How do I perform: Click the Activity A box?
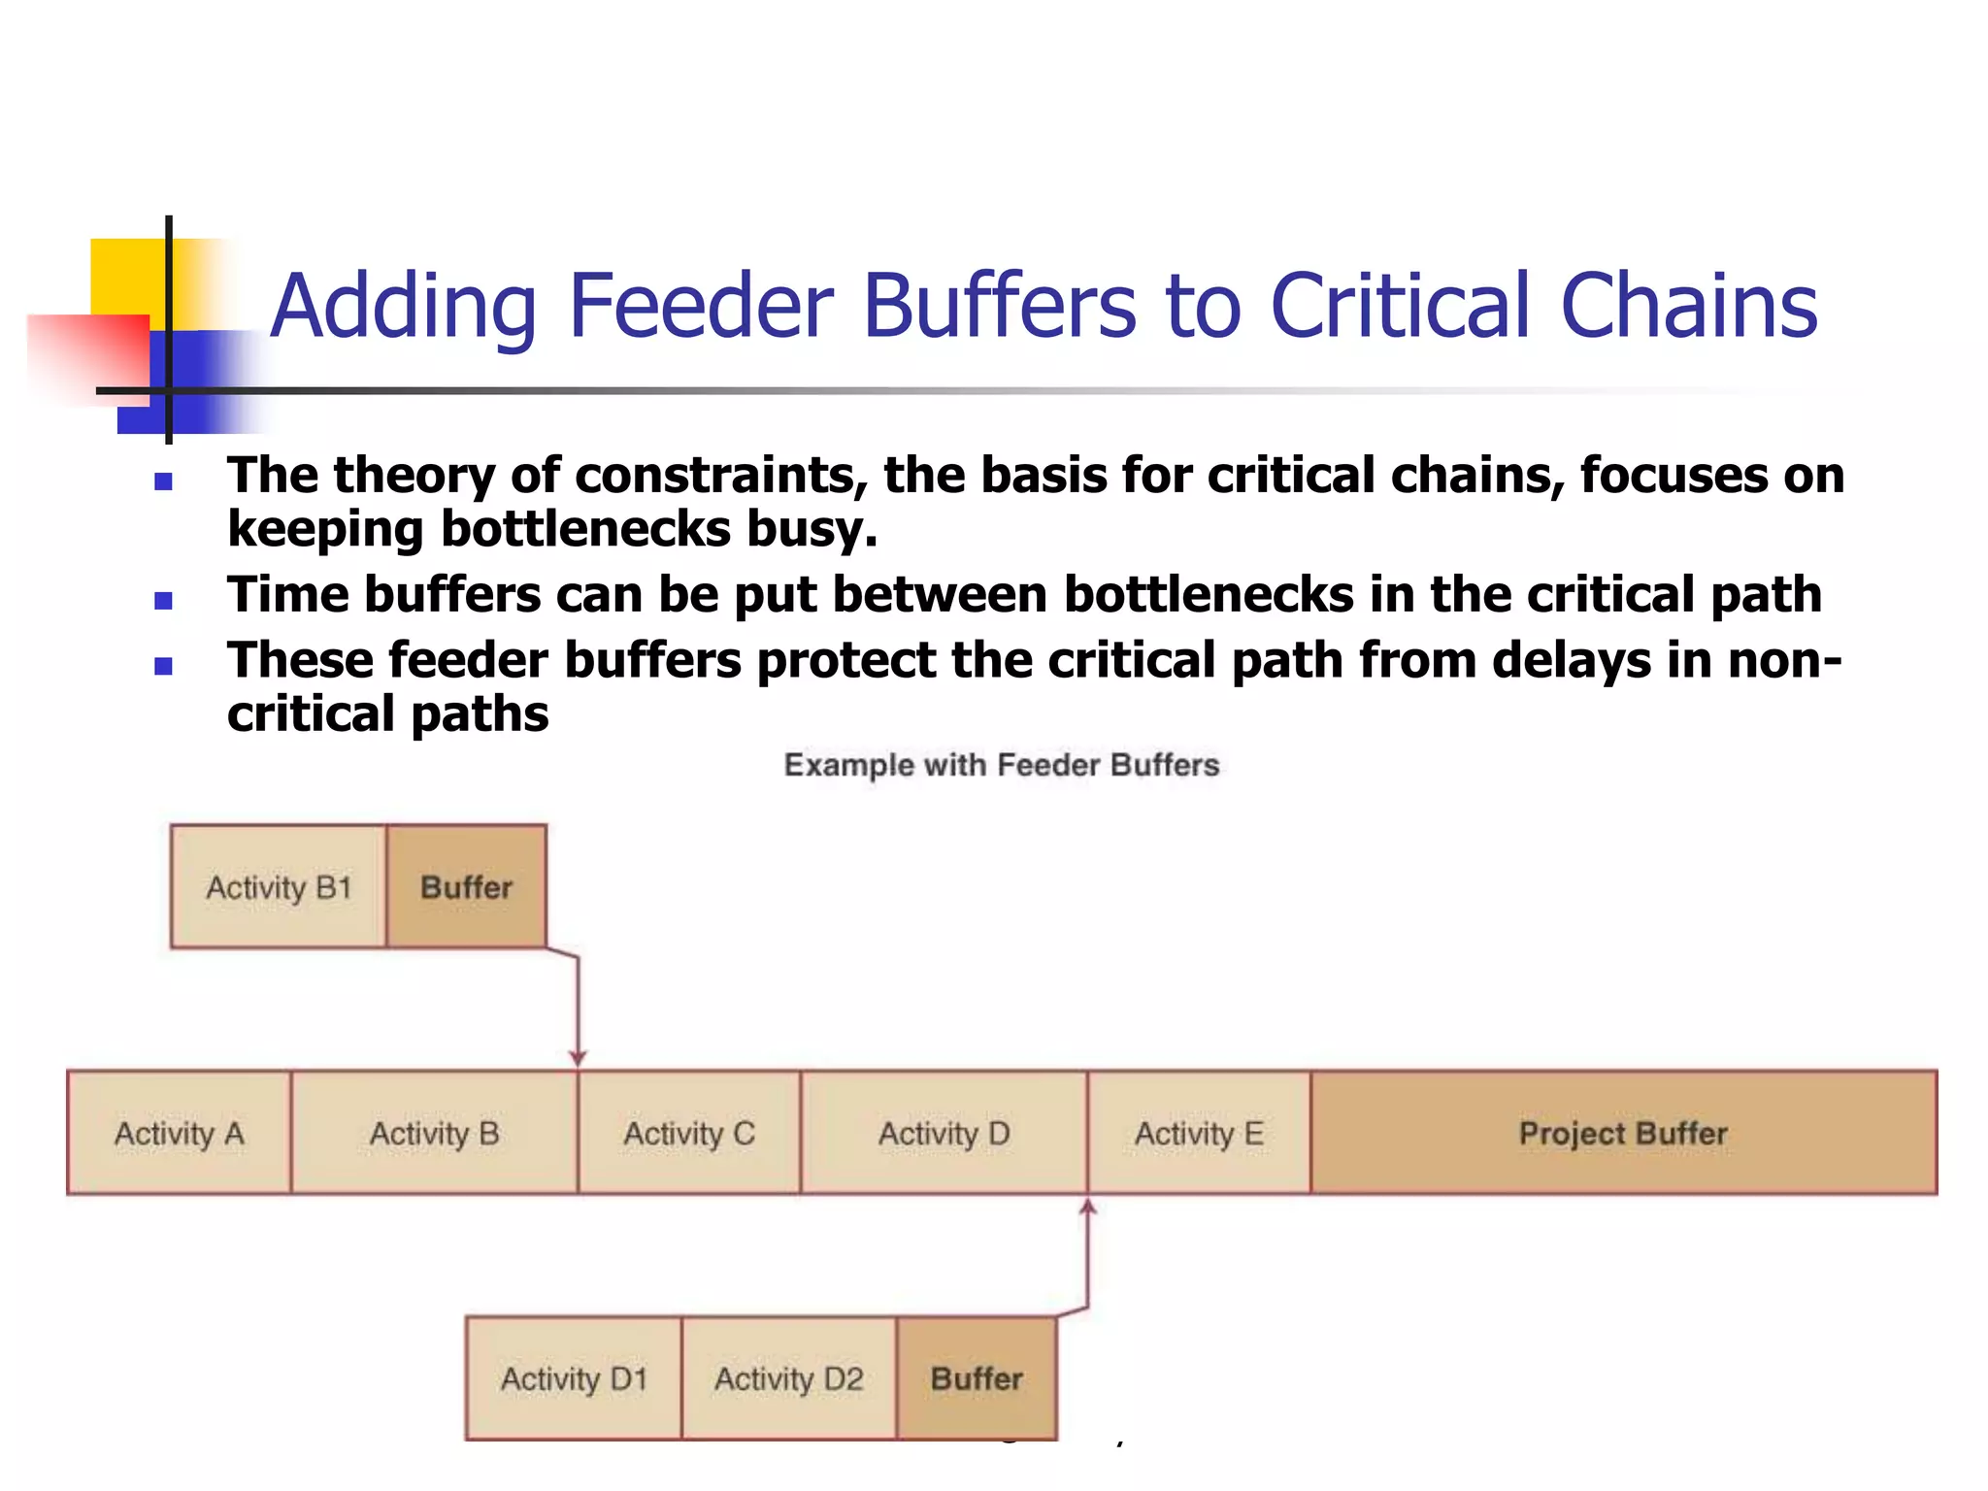(179, 1133)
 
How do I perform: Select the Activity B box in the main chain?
(434, 1133)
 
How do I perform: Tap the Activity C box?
(688, 1133)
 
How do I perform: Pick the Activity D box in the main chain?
(944, 1133)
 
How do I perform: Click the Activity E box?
(1199, 1133)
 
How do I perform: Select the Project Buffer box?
(1623, 1133)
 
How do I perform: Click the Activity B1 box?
(279, 886)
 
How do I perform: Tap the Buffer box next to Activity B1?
(466, 886)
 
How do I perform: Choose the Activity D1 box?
(574, 1378)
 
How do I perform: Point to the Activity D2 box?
(788, 1378)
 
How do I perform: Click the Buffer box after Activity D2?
(977, 1378)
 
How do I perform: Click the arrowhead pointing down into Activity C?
(578, 1058)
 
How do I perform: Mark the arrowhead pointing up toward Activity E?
(1088, 1208)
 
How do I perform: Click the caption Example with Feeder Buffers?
(1001, 765)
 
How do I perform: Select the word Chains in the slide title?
(1688, 306)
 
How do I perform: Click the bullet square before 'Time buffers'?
(163, 601)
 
